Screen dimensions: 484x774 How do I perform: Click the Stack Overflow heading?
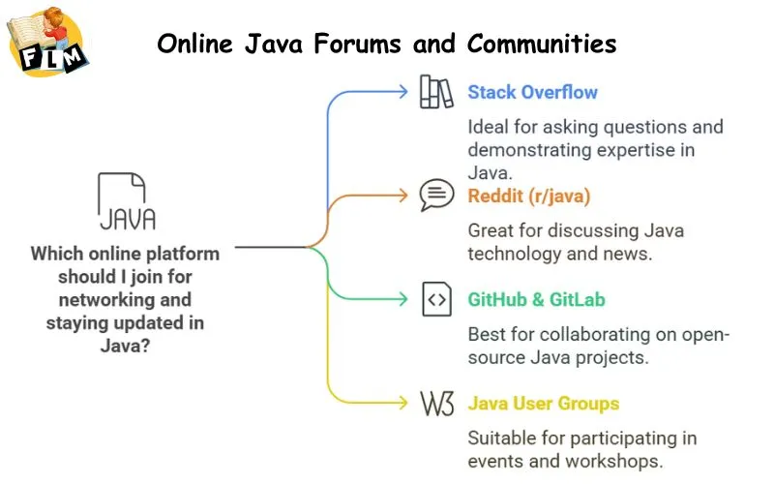(x=532, y=93)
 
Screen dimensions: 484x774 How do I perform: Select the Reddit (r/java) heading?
(x=528, y=197)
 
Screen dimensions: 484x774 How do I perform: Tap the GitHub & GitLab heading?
(x=536, y=300)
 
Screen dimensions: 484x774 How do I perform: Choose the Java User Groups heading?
(x=543, y=404)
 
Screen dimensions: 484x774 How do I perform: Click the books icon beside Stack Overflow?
(x=436, y=93)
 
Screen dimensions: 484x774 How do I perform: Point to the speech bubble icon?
(x=436, y=196)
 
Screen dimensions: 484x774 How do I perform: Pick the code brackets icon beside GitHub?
(x=436, y=300)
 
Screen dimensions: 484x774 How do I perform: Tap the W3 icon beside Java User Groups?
(x=436, y=404)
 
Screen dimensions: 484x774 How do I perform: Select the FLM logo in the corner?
(x=48, y=44)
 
